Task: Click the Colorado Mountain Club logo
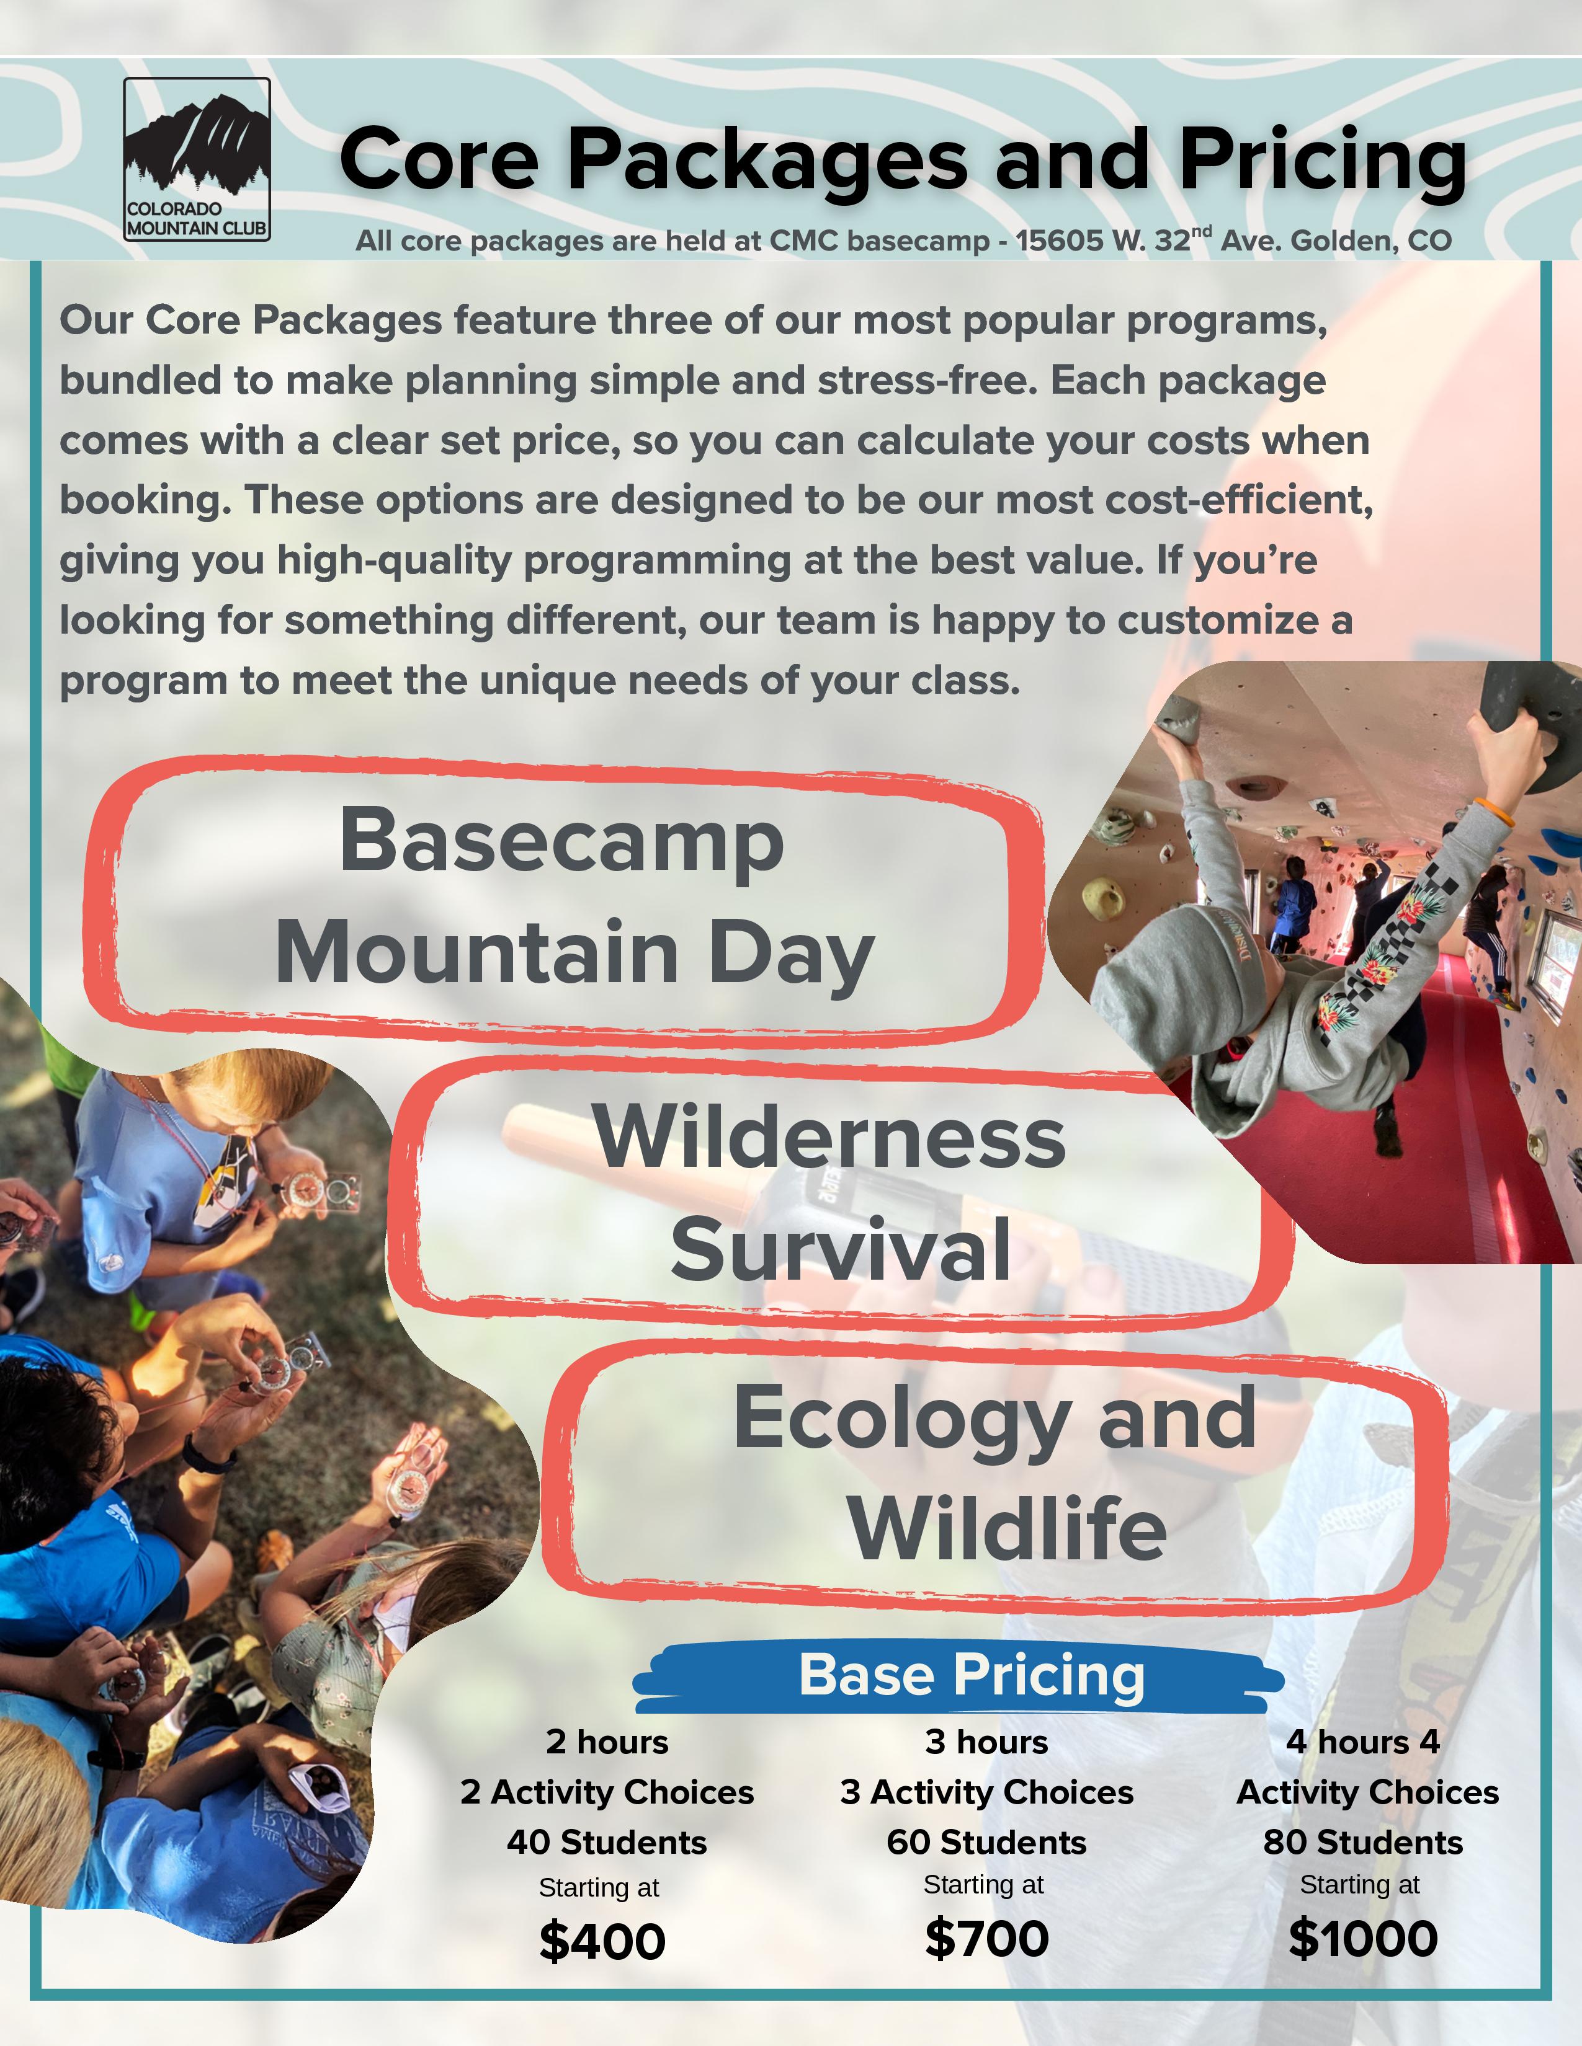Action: tap(197, 159)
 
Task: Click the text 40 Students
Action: tap(606, 1842)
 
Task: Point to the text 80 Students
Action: tap(1363, 1842)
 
